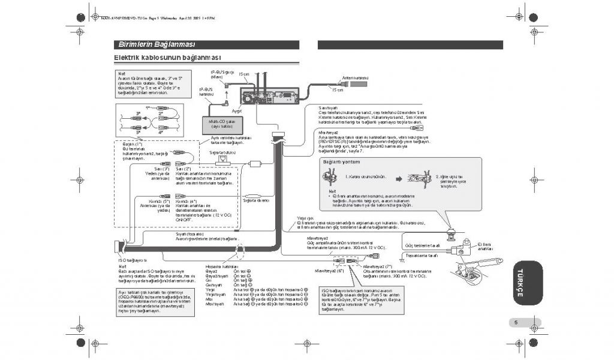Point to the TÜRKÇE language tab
coord(521,283)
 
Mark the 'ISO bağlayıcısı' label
coord(133,260)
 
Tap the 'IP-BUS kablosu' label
coord(206,92)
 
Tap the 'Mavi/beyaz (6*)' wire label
coord(328,271)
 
